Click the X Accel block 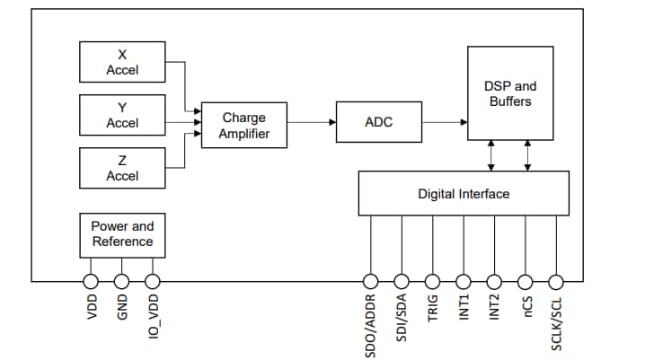(x=122, y=62)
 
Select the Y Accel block (x=122, y=115)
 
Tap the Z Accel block (x=122, y=168)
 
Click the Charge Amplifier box (x=243, y=126)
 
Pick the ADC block (x=378, y=122)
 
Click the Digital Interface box (x=463, y=194)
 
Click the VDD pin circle (x=91, y=281)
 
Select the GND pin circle (x=121, y=281)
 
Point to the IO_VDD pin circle (x=152, y=281)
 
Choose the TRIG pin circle (x=432, y=281)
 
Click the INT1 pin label (x=464, y=310)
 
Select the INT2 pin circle (x=494, y=281)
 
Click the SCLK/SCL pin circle (x=556, y=281)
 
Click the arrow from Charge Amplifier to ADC (x=311, y=122)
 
